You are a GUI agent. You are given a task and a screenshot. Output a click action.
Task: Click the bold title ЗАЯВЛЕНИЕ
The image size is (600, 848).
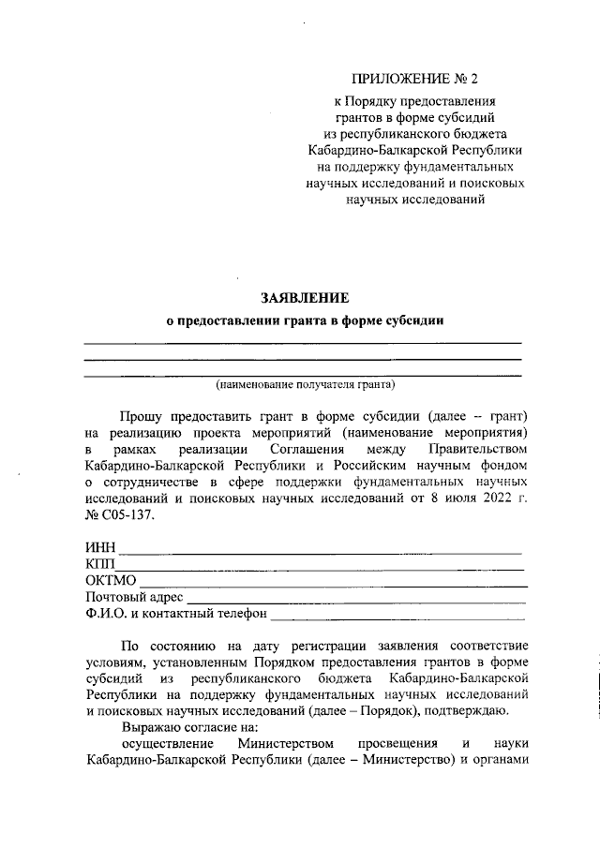(x=304, y=298)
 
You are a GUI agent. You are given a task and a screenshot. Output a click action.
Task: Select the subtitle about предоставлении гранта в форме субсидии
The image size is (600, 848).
(x=304, y=320)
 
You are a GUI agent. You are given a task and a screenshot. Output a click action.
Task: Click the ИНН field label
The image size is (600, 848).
(x=99, y=547)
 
